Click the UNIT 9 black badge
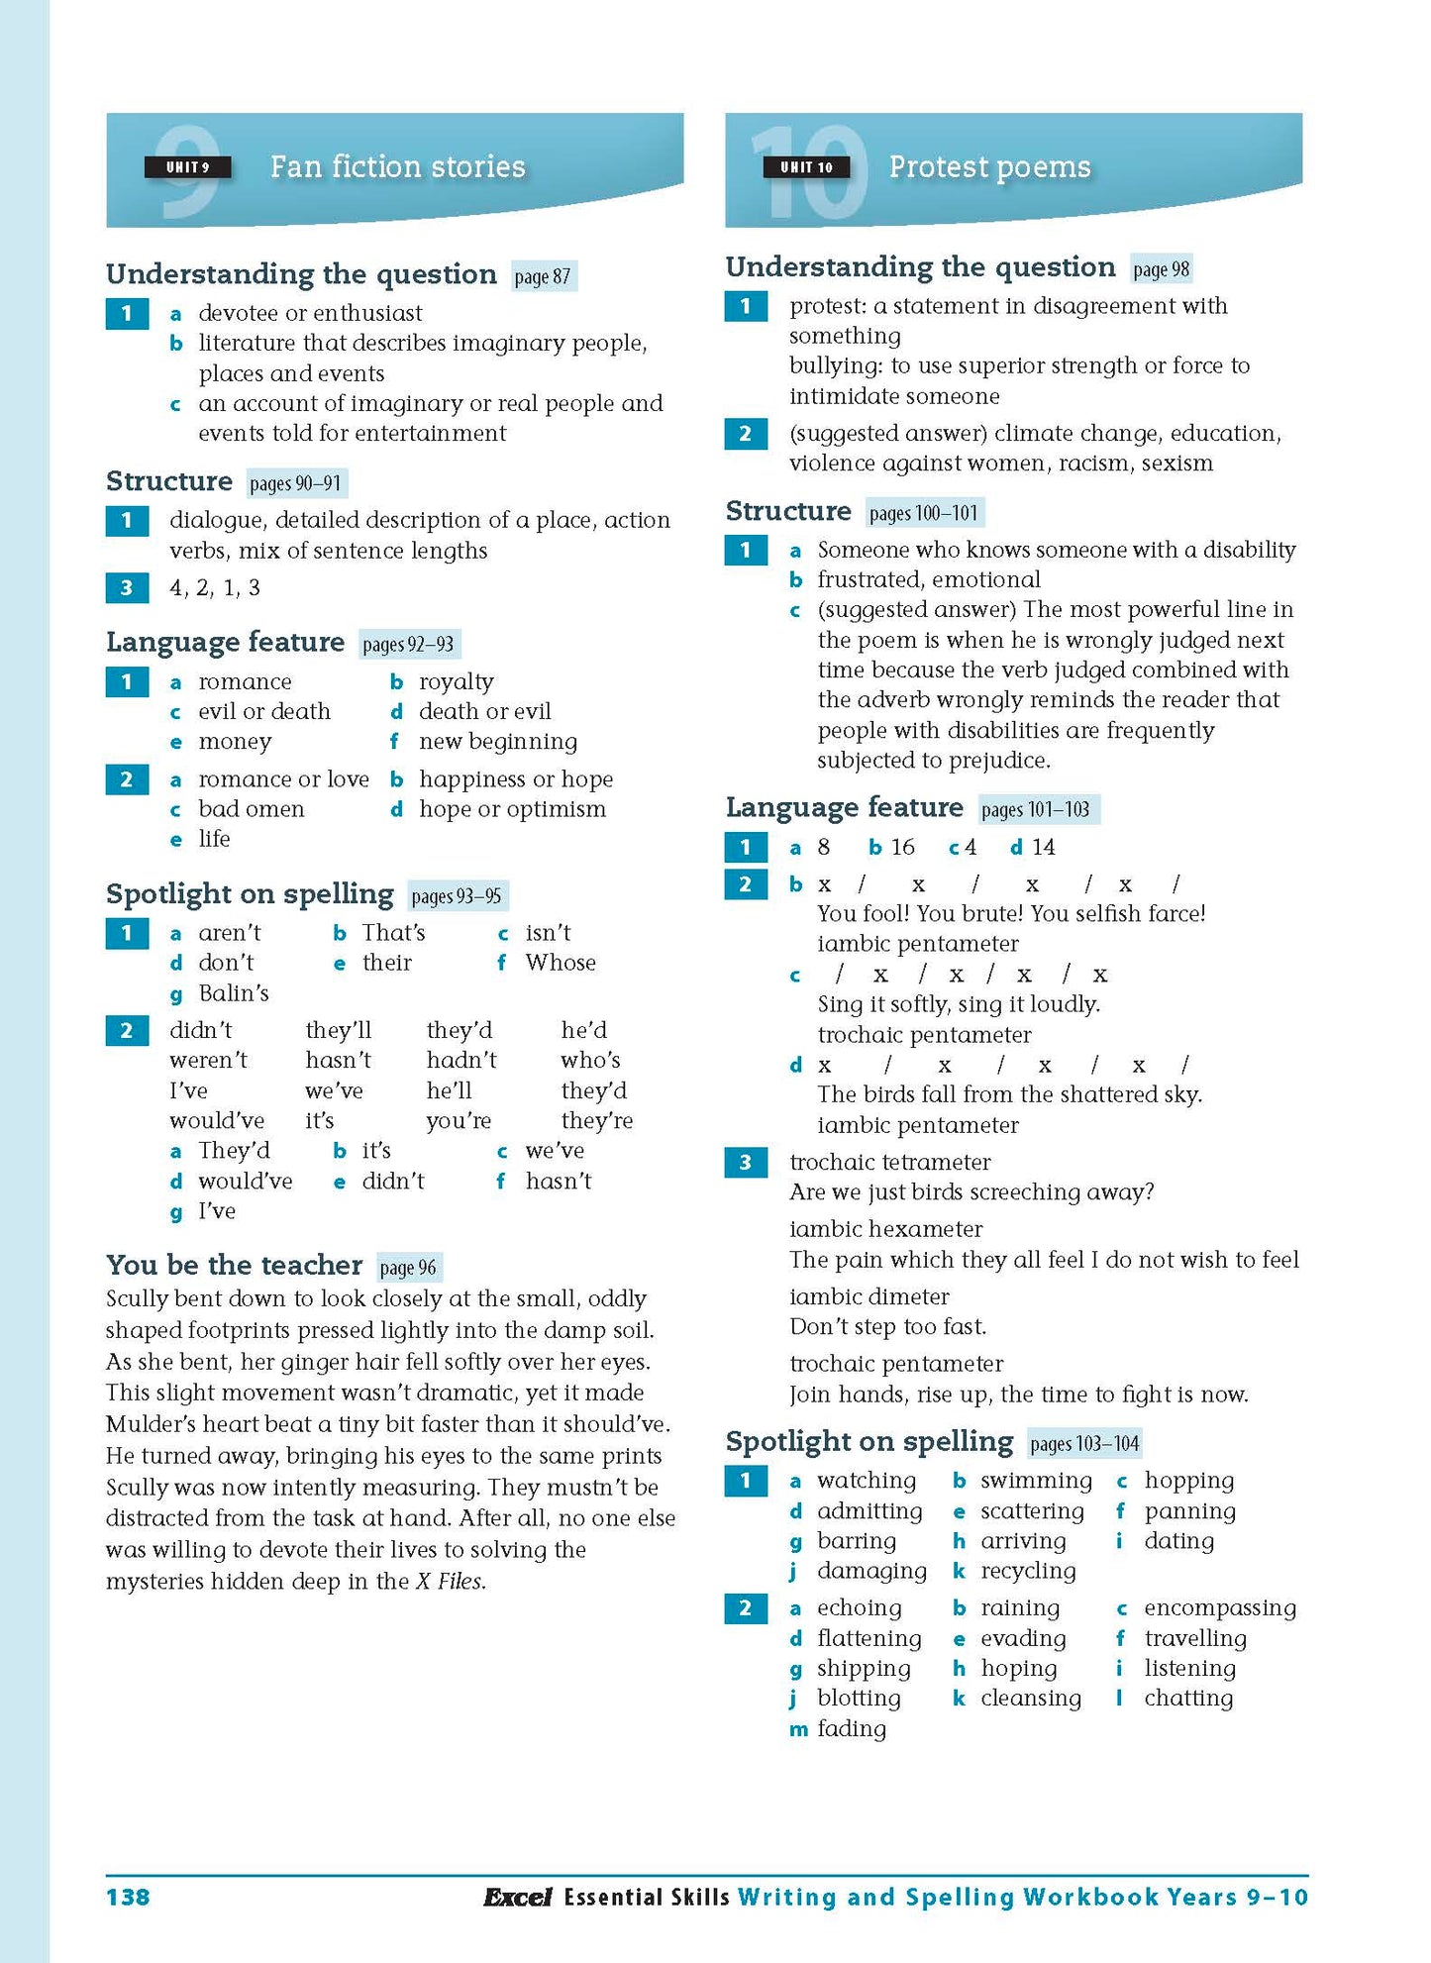(187, 167)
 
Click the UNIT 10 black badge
(806, 167)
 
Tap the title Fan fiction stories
(397, 166)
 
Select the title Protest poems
(989, 166)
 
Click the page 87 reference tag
(543, 276)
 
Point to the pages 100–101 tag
(924, 513)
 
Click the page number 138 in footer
(128, 1897)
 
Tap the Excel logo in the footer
(517, 1898)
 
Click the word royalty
(456, 681)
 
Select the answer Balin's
(234, 992)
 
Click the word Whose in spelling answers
(561, 963)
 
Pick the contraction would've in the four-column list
(217, 1120)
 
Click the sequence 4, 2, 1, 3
(215, 587)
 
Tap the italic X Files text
(451, 1581)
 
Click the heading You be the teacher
(234, 1265)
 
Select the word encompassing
(1219, 1607)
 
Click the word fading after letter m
(851, 1728)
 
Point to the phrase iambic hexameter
(885, 1229)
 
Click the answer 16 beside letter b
(902, 847)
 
